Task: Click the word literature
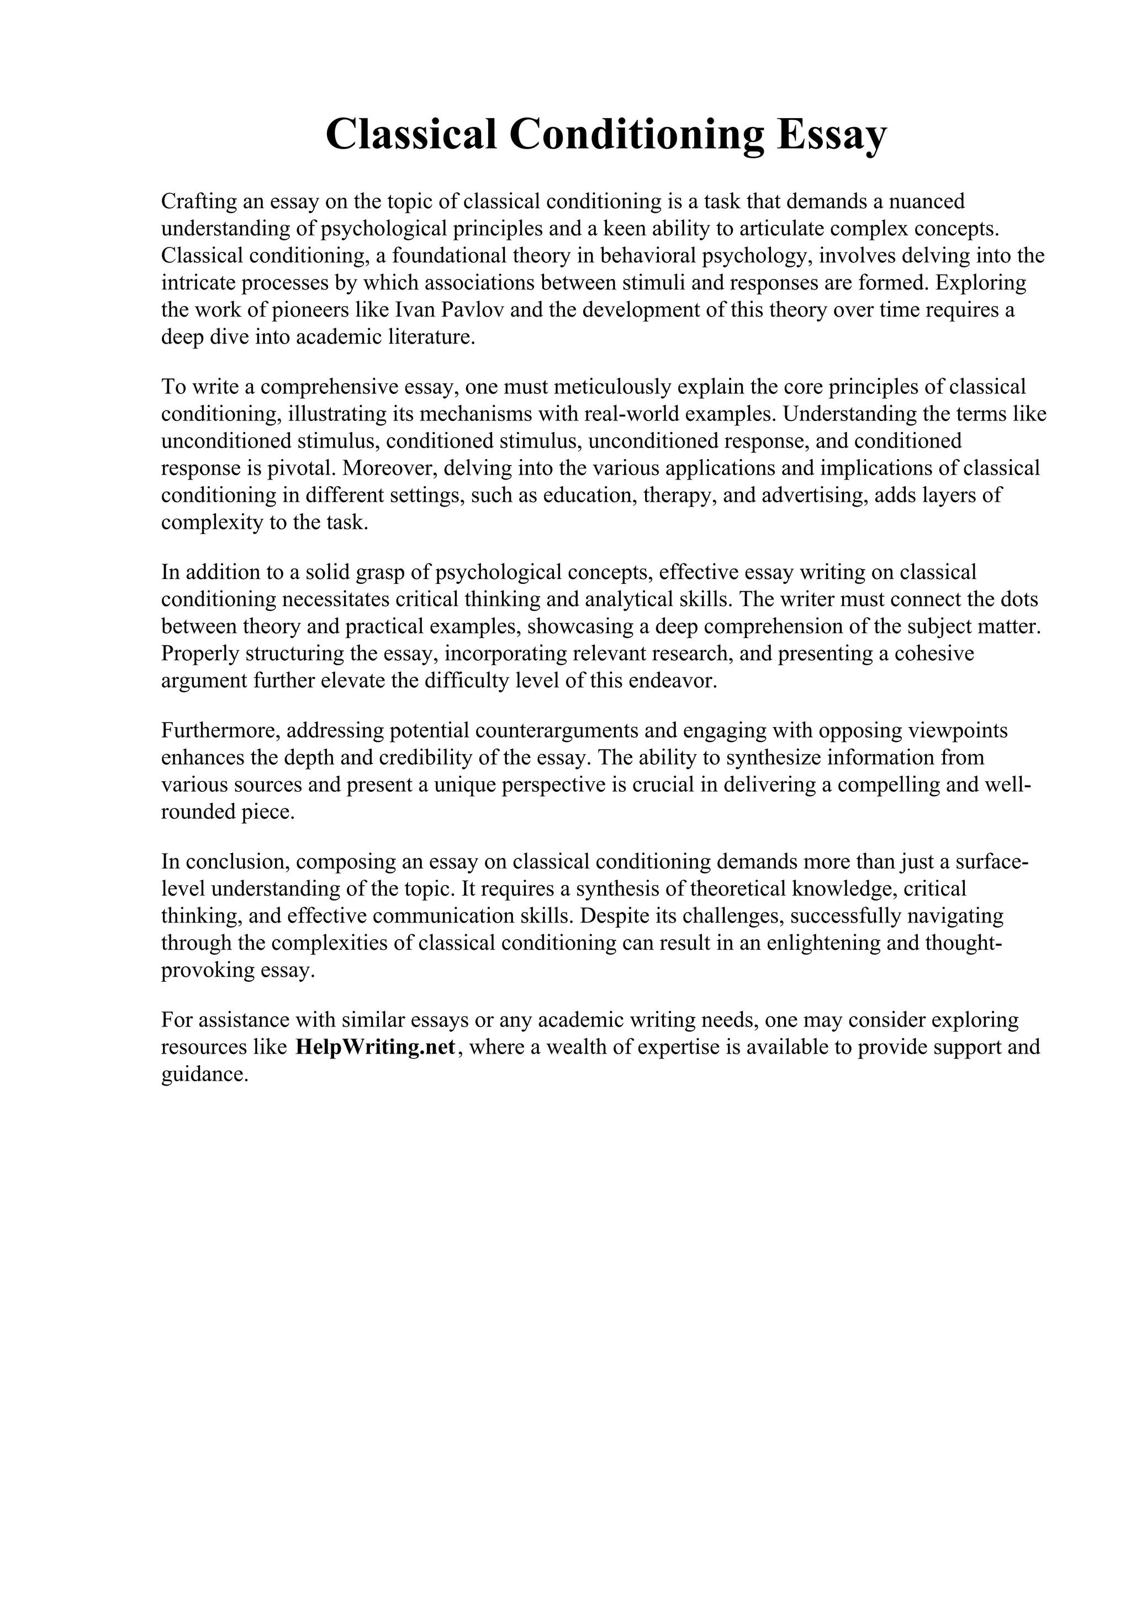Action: click(x=430, y=338)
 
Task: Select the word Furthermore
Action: click(x=221, y=731)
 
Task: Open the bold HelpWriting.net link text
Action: click(x=376, y=1047)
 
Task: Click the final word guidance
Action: click(x=205, y=1075)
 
